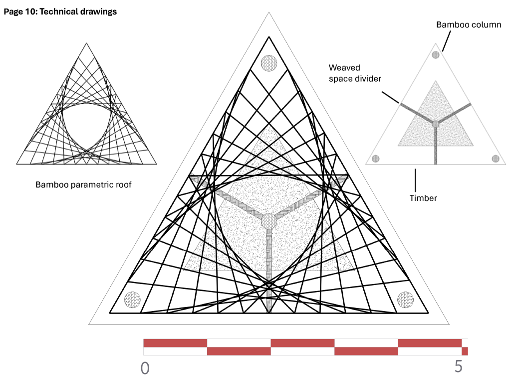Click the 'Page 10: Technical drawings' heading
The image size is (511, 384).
tap(60, 12)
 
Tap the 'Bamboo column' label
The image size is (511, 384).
tap(469, 25)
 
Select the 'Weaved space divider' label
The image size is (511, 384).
tap(355, 73)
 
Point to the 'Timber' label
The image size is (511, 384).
tap(423, 198)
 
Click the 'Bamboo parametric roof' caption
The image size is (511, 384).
tap(83, 185)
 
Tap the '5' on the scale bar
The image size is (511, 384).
tap(459, 366)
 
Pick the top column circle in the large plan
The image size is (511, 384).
tap(269, 63)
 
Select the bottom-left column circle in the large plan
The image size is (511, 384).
tap(132, 299)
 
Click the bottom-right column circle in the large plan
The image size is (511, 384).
tap(405, 299)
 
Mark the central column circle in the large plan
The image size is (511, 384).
tap(269, 221)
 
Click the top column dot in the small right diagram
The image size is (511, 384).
tap(435, 55)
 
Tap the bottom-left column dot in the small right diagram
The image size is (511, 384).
tap(376, 158)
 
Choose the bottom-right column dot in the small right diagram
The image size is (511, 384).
tap(496, 158)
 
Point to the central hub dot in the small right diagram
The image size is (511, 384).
tap(435, 124)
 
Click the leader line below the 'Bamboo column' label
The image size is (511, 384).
tap(447, 41)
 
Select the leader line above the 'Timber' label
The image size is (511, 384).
tap(415, 180)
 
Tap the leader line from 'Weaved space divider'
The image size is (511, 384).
tap(390, 97)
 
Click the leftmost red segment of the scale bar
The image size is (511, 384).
tap(175, 343)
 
